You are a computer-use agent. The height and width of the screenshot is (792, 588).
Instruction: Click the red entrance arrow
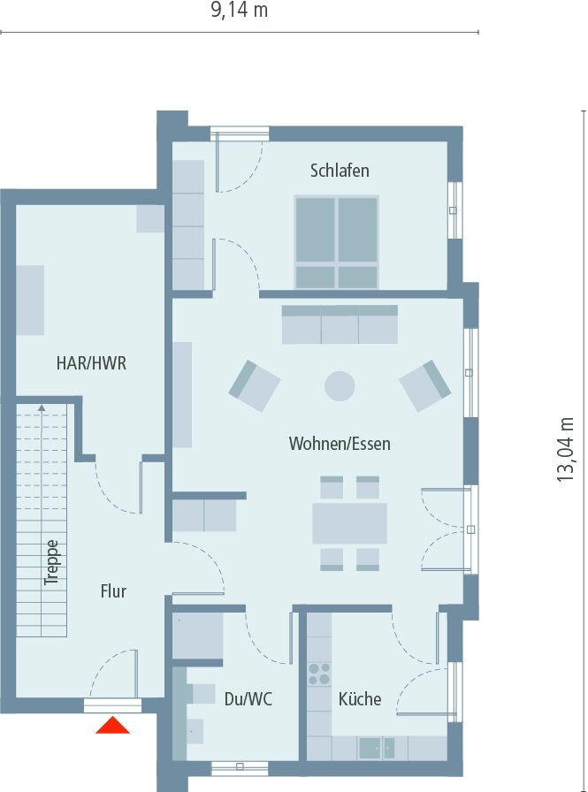(x=112, y=726)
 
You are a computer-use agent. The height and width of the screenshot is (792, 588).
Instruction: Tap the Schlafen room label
(x=340, y=171)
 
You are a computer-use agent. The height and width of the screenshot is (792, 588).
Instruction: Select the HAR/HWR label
(x=91, y=363)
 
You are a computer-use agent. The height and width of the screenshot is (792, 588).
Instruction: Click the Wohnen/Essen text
(x=340, y=444)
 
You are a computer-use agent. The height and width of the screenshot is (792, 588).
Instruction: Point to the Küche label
(x=360, y=699)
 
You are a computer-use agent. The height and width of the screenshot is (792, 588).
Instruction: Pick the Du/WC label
(x=248, y=699)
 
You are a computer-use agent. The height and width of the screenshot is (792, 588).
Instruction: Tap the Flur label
(x=113, y=591)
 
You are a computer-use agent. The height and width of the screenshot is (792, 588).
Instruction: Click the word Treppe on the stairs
(x=51, y=563)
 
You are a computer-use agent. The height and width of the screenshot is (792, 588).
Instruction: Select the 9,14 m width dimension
(x=239, y=10)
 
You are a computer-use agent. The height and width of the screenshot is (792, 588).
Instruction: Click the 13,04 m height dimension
(x=566, y=450)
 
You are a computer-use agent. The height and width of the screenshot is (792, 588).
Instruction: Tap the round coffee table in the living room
(x=340, y=386)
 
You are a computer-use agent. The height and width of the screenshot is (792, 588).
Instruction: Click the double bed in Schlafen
(x=336, y=242)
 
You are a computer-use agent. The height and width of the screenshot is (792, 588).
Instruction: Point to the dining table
(x=349, y=522)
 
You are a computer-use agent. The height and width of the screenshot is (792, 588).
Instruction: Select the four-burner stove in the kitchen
(x=319, y=674)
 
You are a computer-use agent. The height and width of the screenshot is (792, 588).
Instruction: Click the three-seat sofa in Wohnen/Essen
(x=340, y=324)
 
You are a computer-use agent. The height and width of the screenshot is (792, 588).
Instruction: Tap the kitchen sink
(x=377, y=748)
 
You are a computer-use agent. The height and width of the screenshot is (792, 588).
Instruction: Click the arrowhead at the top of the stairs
(x=42, y=407)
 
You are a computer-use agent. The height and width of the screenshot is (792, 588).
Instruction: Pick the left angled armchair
(x=254, y=385)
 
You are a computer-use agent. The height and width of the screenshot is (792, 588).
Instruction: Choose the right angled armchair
(x=424, y=385)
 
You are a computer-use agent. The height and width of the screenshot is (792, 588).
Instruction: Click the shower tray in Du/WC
(x=197, y=636)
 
